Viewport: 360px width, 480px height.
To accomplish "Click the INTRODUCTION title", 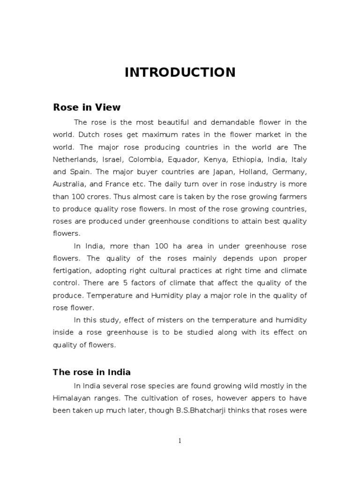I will coord(180,72).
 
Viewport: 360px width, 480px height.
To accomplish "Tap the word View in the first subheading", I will coord(109,107).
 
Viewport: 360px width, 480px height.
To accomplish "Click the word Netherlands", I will coord(74,159).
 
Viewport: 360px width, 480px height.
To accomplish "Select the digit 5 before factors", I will coord(127,283).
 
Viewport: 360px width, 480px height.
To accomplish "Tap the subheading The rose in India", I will coord(91,373).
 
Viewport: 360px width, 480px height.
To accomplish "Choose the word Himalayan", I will coord(73,398).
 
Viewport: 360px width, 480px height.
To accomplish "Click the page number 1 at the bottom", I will coord(180,441).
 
